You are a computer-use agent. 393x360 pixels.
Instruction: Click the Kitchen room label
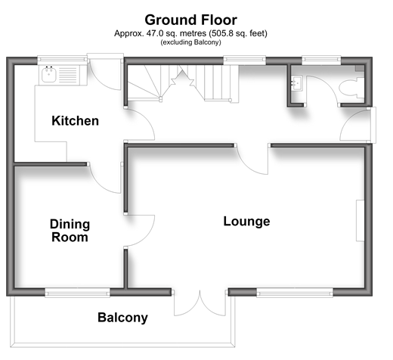click(x=75, y=121)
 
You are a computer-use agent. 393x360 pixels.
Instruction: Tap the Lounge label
click(x=246, y=222)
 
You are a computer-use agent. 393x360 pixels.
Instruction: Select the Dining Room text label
click(x=70, y=231)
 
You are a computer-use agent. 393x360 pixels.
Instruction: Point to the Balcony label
click(x=122, y=318)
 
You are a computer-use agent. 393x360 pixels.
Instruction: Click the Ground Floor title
click(x=190, y=20)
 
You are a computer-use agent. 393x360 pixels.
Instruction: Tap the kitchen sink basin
click(x=49, y=74)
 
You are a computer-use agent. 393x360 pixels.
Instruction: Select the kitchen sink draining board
click(x=68, y=75)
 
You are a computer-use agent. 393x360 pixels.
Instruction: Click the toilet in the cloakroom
click(x=351, y=87)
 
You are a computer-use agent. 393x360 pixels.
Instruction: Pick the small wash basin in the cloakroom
click(x=296, y=83)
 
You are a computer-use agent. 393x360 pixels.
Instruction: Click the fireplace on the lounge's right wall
click(x=360, y=221)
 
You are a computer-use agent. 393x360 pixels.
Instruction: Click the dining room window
click(x=77, y=293)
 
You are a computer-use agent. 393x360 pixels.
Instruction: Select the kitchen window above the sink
click(x=63, y=59)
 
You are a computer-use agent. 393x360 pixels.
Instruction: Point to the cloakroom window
click(x=321, y=59)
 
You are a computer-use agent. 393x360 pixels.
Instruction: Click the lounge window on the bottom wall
click(x=295, y=293)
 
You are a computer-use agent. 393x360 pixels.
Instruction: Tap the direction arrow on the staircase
click(x=183, y=78)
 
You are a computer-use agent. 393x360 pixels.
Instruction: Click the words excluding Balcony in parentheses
click(x=190, y=42)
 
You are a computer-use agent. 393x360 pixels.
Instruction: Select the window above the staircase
click(x=245, y=59)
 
